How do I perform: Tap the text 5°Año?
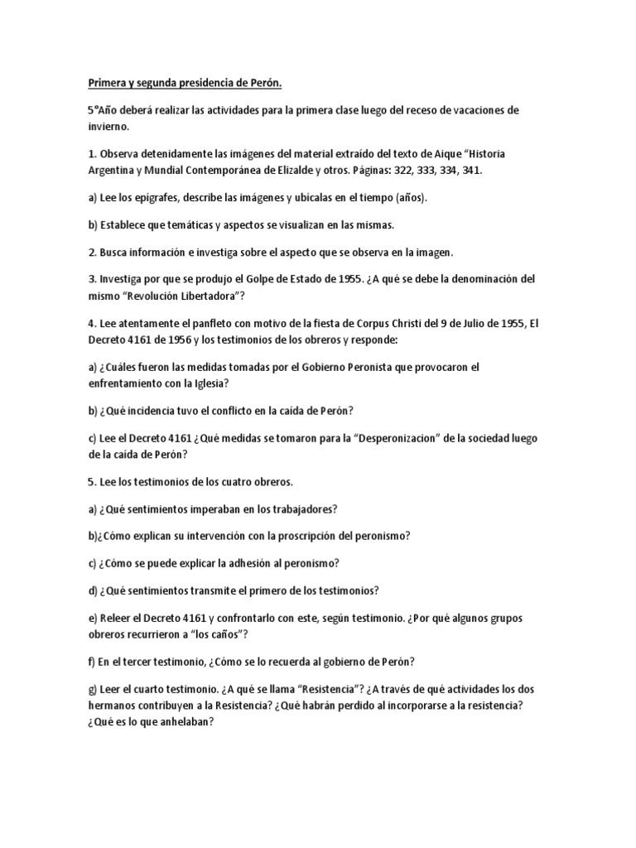click(x=104, y=110)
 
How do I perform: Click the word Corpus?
click(x=369, y=324)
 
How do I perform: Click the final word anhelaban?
click(x=187, y=722)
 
